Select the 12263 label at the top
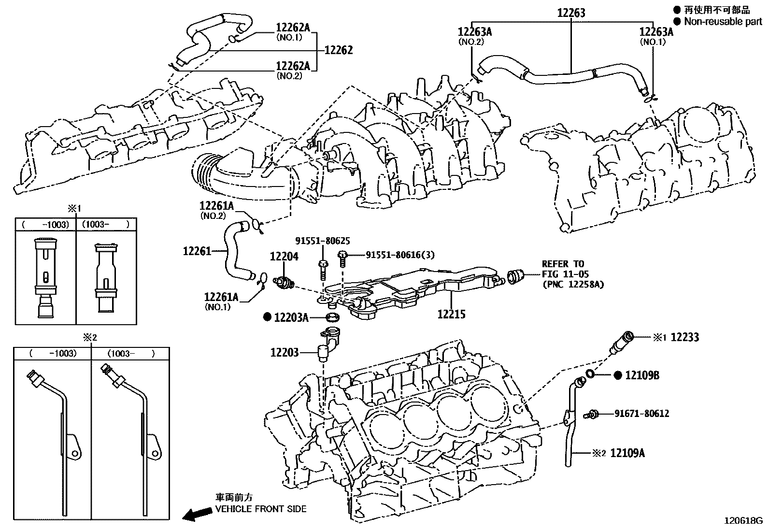point(571,13)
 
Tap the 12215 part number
point(451,314)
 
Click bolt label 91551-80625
point(323,241)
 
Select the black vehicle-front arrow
point(196,515)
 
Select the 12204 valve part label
point(284,257)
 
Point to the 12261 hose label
point(197,251)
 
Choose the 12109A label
point(627,453)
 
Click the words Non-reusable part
point(723,21)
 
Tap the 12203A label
point(291,317)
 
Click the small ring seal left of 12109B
point(590,373)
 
